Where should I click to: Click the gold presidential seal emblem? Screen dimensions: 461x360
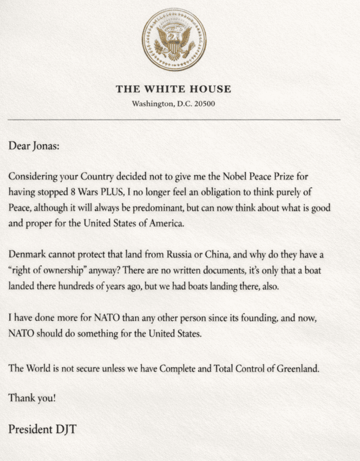[x=174, y=40]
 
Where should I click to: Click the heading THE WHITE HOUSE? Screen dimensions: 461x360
[x=174, y=90]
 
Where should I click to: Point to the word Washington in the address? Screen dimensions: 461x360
[x=151, y=104]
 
